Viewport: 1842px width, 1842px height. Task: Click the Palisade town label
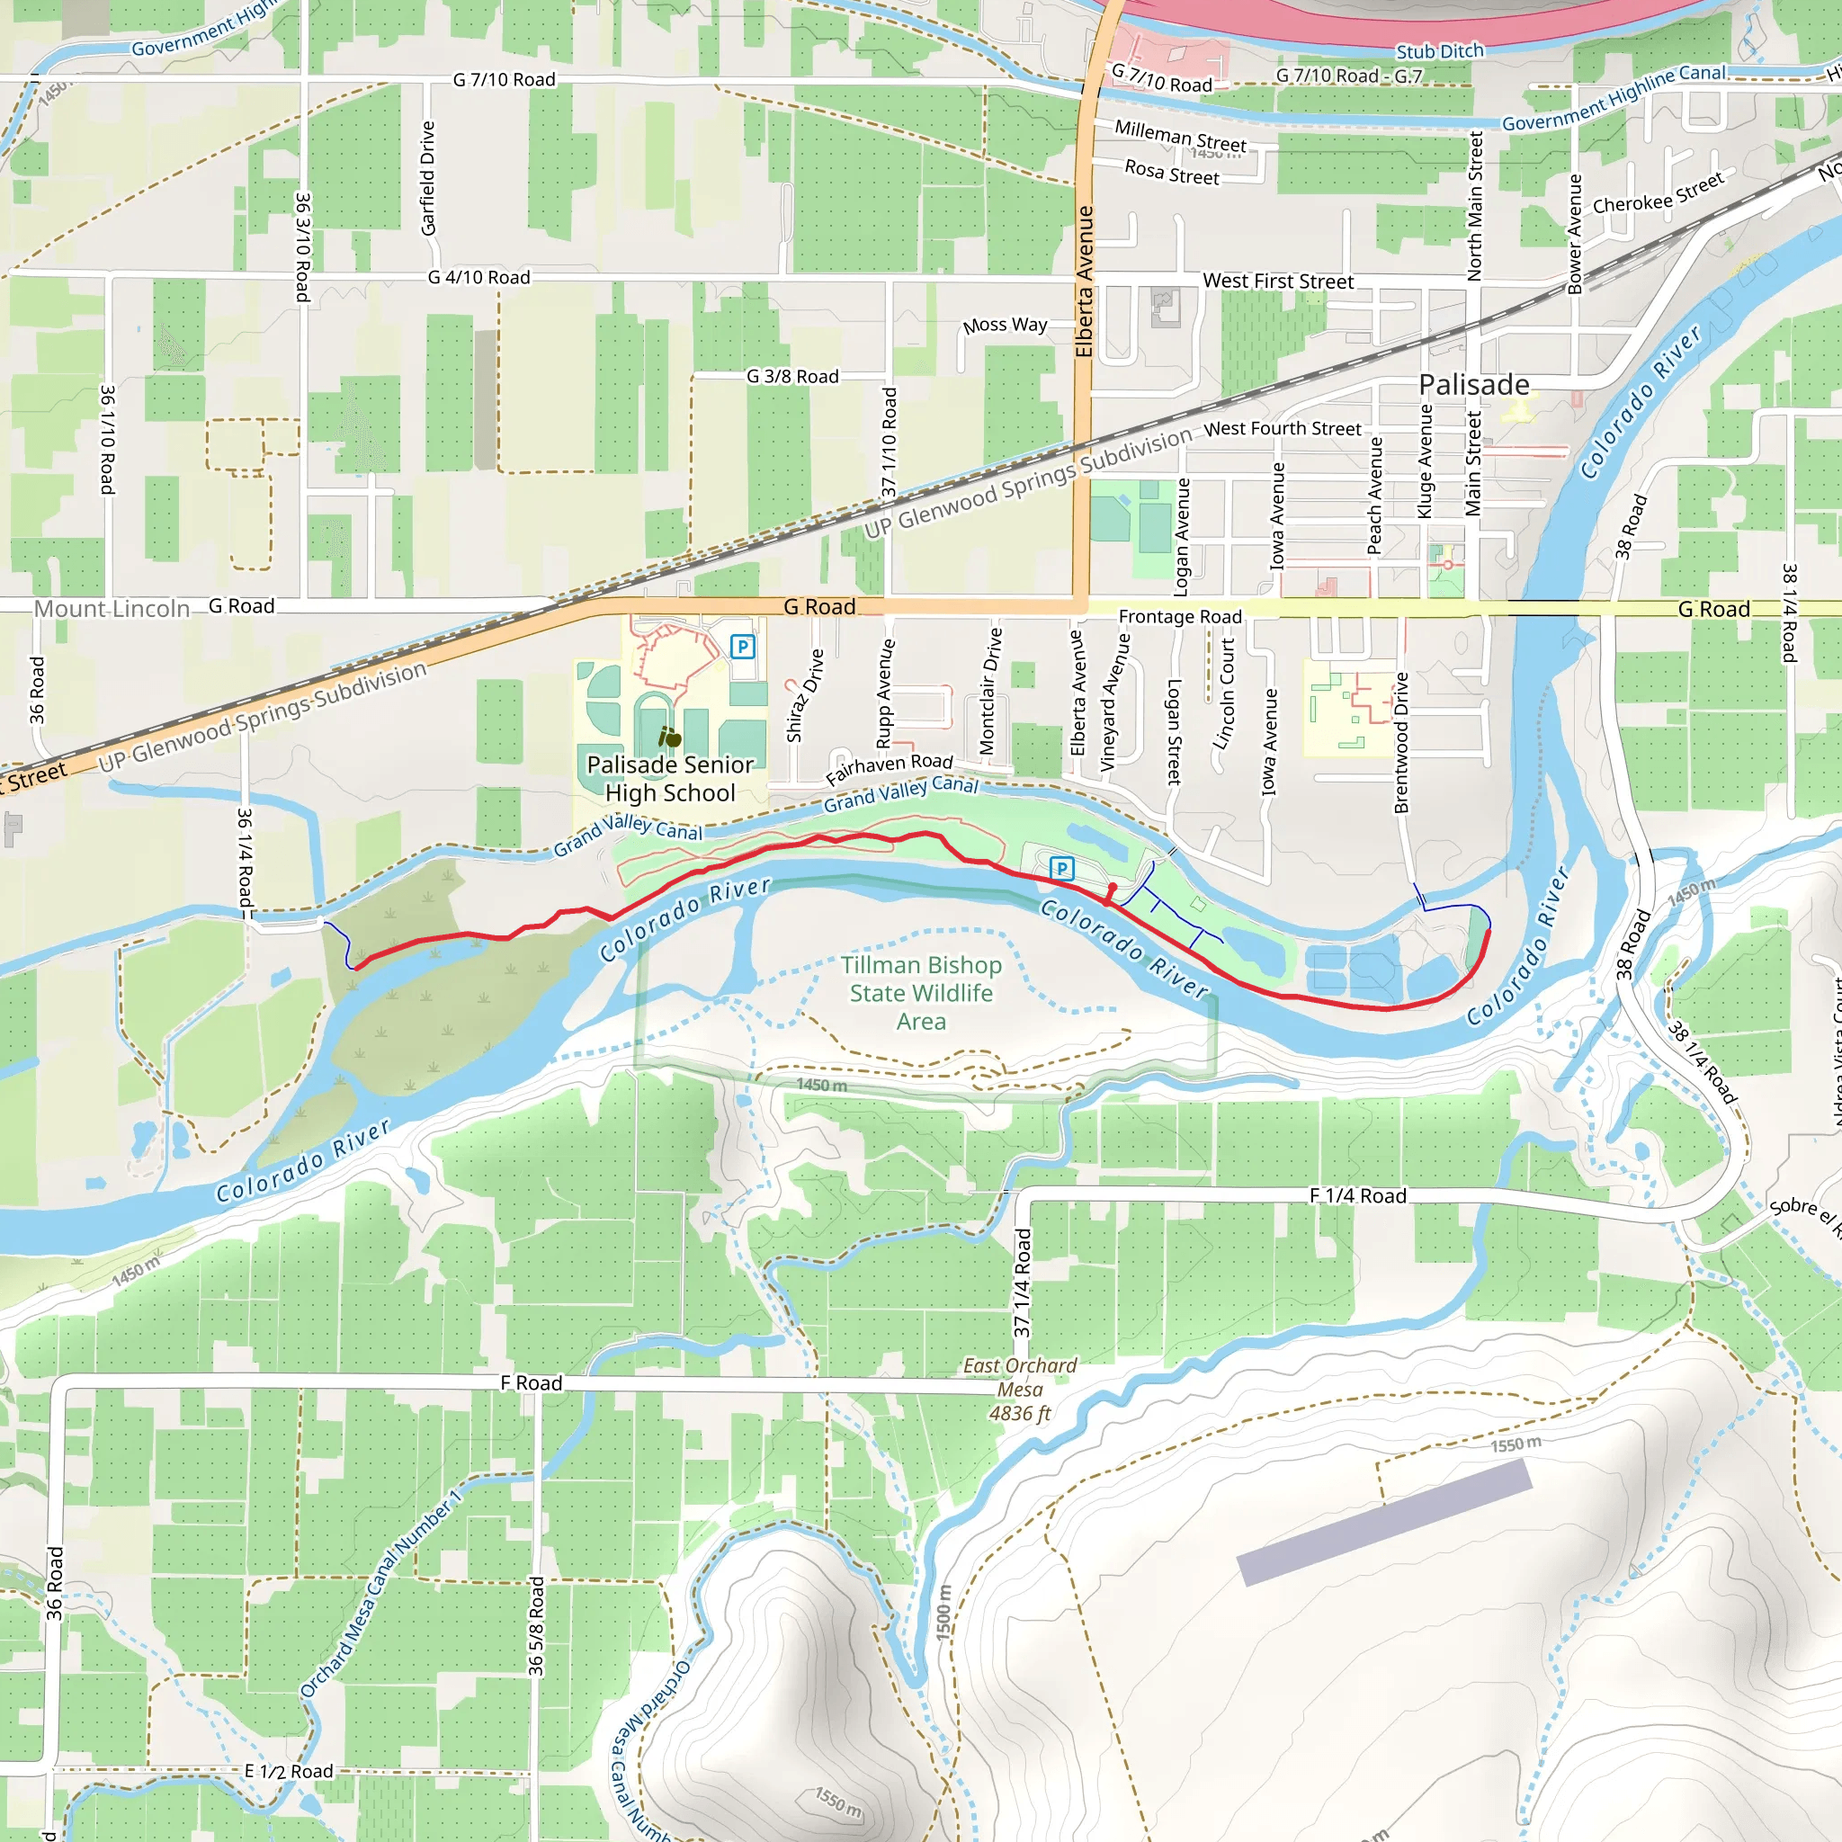(x=1473, y=384)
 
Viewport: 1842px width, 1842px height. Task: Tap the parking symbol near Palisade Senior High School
(x=742, y=648)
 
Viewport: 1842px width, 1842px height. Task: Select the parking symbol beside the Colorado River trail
(x=1061, y=869)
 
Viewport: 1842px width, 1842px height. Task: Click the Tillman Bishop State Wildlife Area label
(x=920, y=993)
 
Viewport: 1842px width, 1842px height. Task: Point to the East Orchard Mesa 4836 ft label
(x=1019, y=1390)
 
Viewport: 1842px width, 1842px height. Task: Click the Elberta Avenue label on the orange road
(x=1084, y=282)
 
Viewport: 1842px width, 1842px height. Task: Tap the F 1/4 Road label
(x=1356, y=1195)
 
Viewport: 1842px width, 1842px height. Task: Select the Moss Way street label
(x=1004, y=325)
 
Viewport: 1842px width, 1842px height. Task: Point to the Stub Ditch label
(x=1439, y=51)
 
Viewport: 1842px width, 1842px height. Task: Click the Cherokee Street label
(x=1657, y=193)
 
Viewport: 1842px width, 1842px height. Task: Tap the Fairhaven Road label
(x=889, y=767)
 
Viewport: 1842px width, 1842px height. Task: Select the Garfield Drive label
(x=428, y=177)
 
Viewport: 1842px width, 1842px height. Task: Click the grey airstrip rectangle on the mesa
(x=1382, y=1523)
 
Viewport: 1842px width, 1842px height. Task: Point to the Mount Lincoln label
(x=112, y=608)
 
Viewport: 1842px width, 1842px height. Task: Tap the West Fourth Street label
(x=1282, y=429)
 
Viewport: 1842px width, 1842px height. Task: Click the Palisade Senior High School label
(x=669, y=778)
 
